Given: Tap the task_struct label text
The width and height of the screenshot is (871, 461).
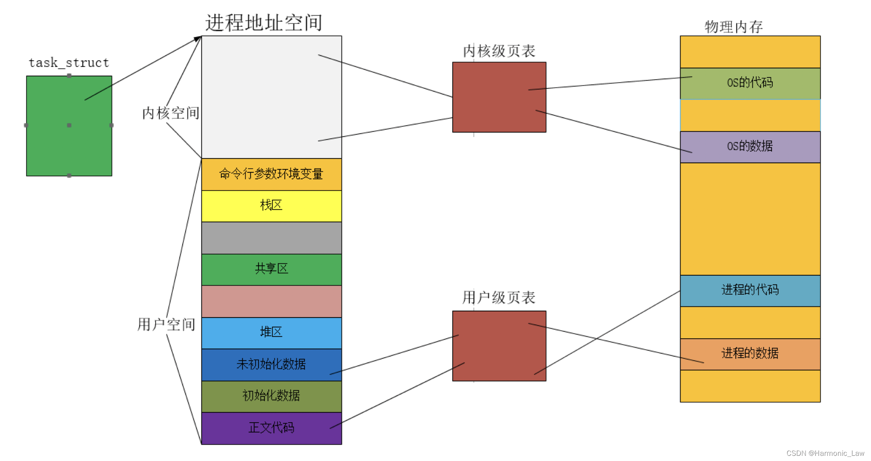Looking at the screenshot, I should click(69, 63).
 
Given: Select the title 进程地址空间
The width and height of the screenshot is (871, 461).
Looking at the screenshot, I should click(264, 22).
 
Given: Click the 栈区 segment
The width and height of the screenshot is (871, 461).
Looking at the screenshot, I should click(271, 206).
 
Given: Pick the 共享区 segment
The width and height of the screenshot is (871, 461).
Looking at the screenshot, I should click(271, 269).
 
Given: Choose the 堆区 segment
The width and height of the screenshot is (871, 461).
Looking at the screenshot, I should click(271, 333).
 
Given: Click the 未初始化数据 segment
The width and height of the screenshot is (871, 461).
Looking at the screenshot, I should click(271, 364).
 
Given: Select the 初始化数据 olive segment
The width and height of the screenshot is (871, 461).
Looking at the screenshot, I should click(271, 396).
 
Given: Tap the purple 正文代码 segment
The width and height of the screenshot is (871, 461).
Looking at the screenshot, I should click(271, 428).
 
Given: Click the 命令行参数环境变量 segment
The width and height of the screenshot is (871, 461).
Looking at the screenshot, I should click(271, 174).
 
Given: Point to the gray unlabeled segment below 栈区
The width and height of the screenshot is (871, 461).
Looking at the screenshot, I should click(271, 237).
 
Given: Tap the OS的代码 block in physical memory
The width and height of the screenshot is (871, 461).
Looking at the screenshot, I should click(750, 83).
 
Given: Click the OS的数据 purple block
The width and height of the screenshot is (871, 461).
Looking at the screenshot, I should click(750, 146).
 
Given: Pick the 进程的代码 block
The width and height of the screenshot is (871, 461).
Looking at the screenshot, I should click(750, 290).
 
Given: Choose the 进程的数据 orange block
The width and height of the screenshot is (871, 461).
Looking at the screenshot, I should click(750, 354).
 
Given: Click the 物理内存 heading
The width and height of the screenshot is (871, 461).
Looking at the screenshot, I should click(734, 27).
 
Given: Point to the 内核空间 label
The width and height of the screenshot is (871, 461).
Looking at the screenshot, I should click(171, 113).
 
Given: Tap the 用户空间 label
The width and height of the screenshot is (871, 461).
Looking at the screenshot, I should click(166, 324).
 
